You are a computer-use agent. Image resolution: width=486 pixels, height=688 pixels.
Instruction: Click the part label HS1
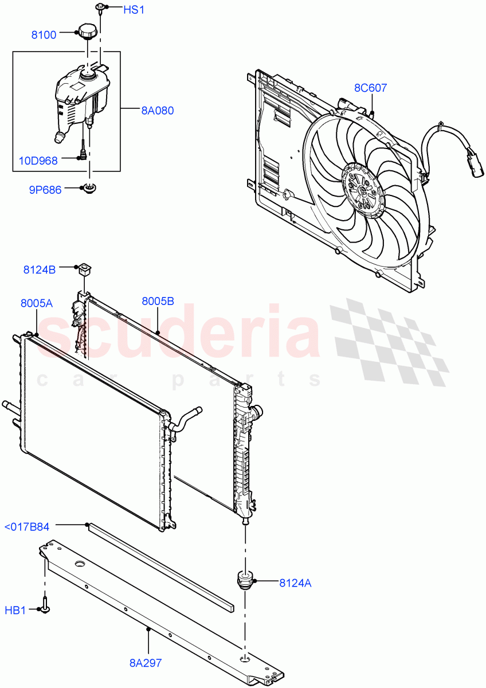(134, 10)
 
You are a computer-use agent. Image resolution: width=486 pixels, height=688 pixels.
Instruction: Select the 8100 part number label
(44, 35)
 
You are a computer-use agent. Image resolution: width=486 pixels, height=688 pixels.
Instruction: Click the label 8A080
(158, 111)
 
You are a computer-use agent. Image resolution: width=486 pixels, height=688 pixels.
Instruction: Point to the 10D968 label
(39, 161)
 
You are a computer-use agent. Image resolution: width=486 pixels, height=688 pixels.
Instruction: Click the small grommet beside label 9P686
(89, 187)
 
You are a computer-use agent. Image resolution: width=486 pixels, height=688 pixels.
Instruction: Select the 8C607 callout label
(370, 88)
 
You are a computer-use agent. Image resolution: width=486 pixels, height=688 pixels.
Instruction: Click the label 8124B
(40, 268)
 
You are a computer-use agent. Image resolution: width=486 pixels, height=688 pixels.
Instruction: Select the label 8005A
(37, 304)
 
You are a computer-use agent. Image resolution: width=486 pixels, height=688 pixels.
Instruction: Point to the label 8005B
(158, 301)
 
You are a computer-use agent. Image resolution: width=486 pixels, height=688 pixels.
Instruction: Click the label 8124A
(296, 583)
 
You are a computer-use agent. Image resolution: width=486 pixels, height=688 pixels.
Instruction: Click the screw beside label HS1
(100, 8)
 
